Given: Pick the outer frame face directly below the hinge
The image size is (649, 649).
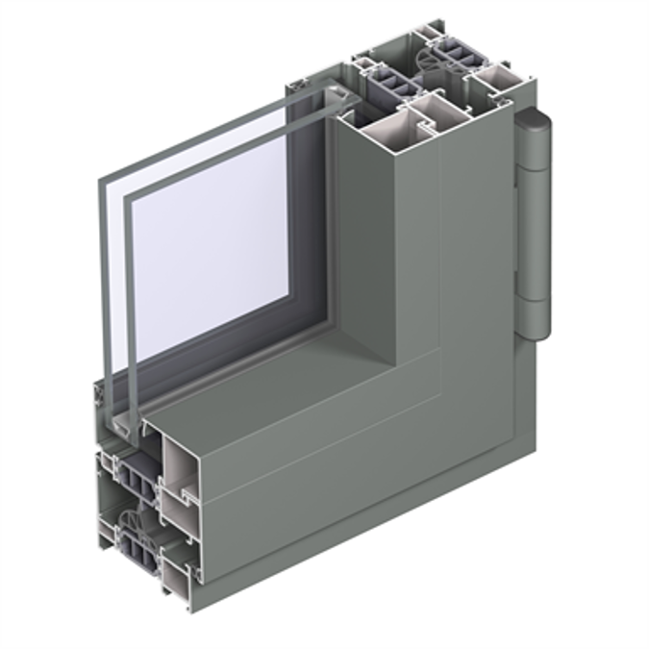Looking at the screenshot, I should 524,404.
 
